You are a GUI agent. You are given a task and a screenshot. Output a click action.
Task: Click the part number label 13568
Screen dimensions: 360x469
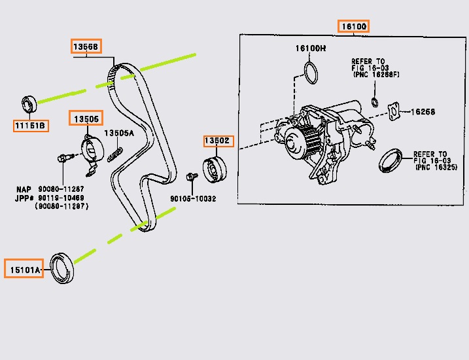86,46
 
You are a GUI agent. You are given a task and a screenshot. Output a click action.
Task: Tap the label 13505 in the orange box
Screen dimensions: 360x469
86,118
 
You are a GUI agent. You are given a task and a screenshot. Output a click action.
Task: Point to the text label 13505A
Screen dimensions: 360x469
120,133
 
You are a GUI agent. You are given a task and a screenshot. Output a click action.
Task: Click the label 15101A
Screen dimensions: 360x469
24,269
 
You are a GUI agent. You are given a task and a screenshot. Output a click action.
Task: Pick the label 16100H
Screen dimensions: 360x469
310,48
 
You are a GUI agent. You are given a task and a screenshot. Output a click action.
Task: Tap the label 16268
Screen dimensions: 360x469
423,112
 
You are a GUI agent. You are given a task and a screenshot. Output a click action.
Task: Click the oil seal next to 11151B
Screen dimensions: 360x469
29,103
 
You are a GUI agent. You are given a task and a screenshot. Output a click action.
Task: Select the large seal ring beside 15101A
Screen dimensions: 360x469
63,266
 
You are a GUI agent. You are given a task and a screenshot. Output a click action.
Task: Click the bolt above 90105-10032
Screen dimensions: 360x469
192,177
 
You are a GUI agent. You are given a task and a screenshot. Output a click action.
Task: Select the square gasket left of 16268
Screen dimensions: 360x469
392,111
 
